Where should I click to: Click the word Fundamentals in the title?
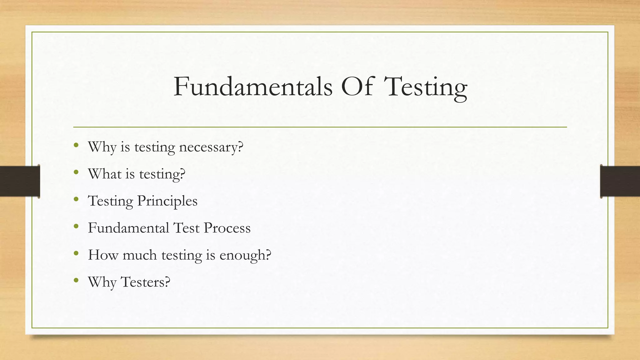[253, 87]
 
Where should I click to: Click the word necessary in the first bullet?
[211, 147]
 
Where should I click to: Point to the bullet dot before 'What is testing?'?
[76, 172]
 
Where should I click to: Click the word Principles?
[167, 201]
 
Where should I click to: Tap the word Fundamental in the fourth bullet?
[128, 228]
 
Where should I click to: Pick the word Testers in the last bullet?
[145, 282]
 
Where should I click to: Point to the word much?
[140, 255]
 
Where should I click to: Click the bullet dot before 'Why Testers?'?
[76, 280]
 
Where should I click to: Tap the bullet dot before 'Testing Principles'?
[76, 199]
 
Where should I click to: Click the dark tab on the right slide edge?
[620, 181]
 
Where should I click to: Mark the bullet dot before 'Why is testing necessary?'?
[76, 145]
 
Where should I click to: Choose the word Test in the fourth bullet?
[186, 228]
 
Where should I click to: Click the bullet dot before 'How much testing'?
[76, 253]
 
